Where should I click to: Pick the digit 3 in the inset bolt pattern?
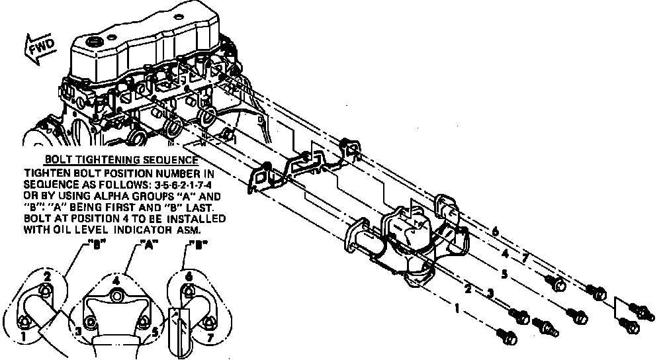click(x=77, y=330)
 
